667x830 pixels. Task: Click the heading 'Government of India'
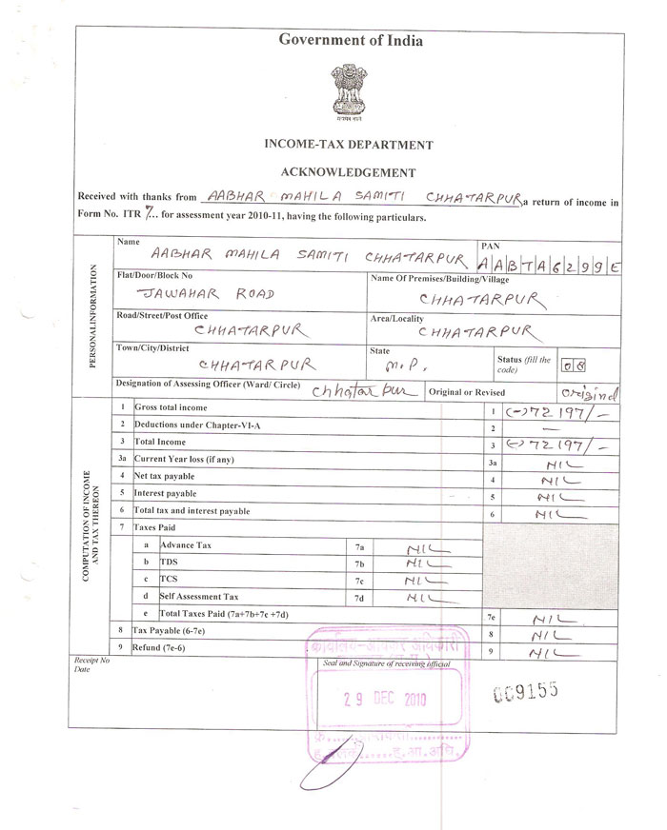point(350,40)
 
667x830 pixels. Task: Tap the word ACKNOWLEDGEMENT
point(348,173)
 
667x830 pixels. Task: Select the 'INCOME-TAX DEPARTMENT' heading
point(348,145)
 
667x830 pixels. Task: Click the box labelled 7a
point(359,545)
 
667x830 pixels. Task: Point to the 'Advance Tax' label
point(186,544)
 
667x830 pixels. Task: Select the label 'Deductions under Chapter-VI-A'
point(196,425)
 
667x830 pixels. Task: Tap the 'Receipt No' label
point(91,659)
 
